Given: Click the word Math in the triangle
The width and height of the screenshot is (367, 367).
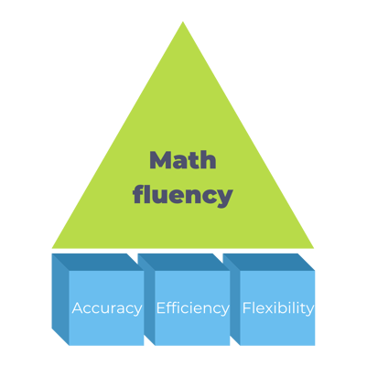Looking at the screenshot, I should pyautogui.click(x=183, y=161).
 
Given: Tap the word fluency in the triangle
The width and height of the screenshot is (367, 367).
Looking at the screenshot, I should pyautogui.click(x=183, y=194).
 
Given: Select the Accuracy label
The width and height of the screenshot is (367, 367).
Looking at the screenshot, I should pyautogui.click(x=107, y=308).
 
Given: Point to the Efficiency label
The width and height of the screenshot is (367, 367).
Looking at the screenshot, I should pyautogui.click(x=192, y=308).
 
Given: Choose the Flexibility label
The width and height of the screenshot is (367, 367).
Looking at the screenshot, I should pyautogui.click(x=278, y=308).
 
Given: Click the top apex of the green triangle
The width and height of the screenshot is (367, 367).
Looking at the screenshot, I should pyautogui.click(x=183, y=22).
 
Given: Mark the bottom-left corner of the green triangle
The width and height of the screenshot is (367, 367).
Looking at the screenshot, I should pyautogui.click(x=52, y=248).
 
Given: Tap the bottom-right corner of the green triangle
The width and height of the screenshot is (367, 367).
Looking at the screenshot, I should pyautogui.click(x=314, y=248).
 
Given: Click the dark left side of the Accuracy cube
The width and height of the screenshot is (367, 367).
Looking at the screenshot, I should pyautogui.click(x=59, y=302).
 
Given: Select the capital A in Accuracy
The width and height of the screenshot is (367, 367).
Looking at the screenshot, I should pyautogui.click(x=77, y=308).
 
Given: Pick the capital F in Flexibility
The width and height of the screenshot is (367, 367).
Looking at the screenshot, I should pyautogui.click(x=246, y=308).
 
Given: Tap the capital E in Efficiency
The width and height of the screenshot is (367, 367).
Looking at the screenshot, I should pyautogui.click(x=161, y=308).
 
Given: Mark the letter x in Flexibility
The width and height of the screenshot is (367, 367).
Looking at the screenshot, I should pyautogui.click(x=267, y=308).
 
